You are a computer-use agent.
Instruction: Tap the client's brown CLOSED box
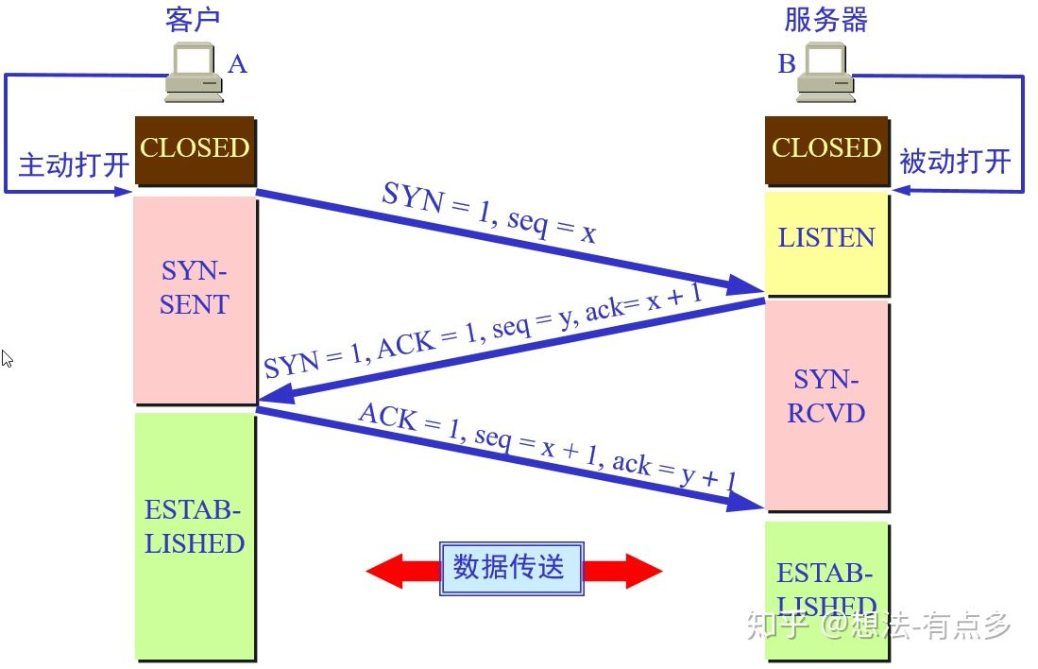[195, 149]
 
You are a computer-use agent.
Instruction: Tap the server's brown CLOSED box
[826, 149]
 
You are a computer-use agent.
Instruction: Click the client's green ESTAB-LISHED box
[195, 535]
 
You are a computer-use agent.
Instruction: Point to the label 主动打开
[74, 164]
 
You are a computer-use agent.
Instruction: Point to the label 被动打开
[955, 162]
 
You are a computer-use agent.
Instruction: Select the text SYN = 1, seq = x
[489, 214]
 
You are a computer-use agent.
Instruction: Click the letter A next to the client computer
[237, 64]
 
